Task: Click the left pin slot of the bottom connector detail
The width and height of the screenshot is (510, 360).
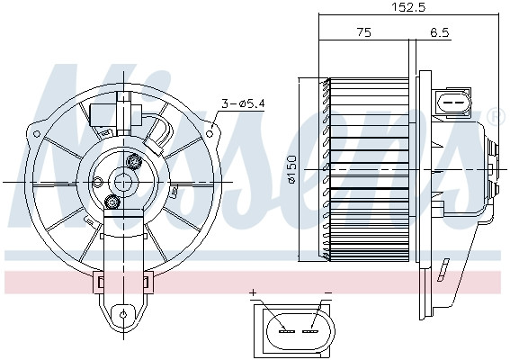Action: (286, 330)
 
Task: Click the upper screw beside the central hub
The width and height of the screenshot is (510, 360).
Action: (136, 162)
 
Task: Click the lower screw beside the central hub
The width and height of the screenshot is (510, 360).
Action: (112, 201)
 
